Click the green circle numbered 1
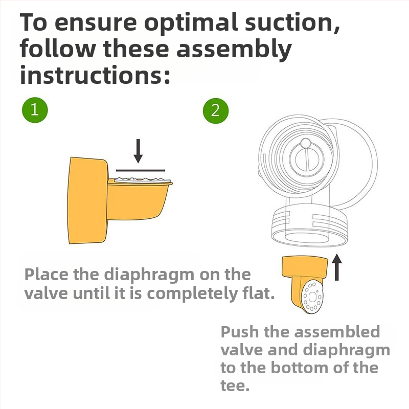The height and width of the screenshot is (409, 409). tap(35, 110)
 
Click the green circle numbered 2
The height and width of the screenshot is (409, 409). tap(216, 110)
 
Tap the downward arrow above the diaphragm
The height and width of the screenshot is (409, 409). tap(138, 151)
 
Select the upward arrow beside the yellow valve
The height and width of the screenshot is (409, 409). tap(337, 267)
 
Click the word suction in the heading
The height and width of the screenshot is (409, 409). tap(292, 23)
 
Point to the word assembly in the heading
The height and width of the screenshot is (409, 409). tap(234, 49)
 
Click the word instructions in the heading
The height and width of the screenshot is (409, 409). tap(95, 75)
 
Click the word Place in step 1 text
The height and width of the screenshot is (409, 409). tap(47, 274)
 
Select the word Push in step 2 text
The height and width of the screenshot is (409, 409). tap(240, 332)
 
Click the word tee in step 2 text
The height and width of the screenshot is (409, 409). tap(235, 386)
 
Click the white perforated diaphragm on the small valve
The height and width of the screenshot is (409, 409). tap(312, 297)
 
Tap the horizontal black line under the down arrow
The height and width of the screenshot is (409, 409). tap(140, 170)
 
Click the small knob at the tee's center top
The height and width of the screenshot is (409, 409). tap(305, 143)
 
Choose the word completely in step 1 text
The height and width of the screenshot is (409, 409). tap(193, 293)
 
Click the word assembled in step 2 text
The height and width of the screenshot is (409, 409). tap(337, 332)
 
